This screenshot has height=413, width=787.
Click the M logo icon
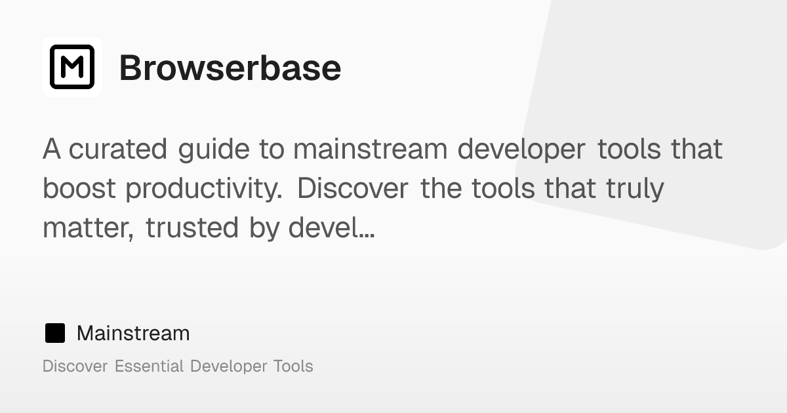(72, 67)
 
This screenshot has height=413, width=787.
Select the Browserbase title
(230, 68)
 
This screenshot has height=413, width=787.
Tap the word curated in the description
(118, 149)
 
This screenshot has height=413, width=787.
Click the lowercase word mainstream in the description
(369, 149)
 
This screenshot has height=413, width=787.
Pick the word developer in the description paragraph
(521, 150)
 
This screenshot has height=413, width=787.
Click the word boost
(79, 189)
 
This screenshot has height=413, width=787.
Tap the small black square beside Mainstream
(55, 333)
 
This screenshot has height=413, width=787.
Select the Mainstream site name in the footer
(133, 333)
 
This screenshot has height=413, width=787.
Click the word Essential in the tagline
(149, 366)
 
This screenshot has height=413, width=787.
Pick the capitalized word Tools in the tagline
(293, 366)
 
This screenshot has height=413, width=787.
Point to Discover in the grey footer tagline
(75, 366)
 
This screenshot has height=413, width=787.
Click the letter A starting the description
(52, 149)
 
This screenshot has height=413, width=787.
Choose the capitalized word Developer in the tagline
(228, 366)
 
